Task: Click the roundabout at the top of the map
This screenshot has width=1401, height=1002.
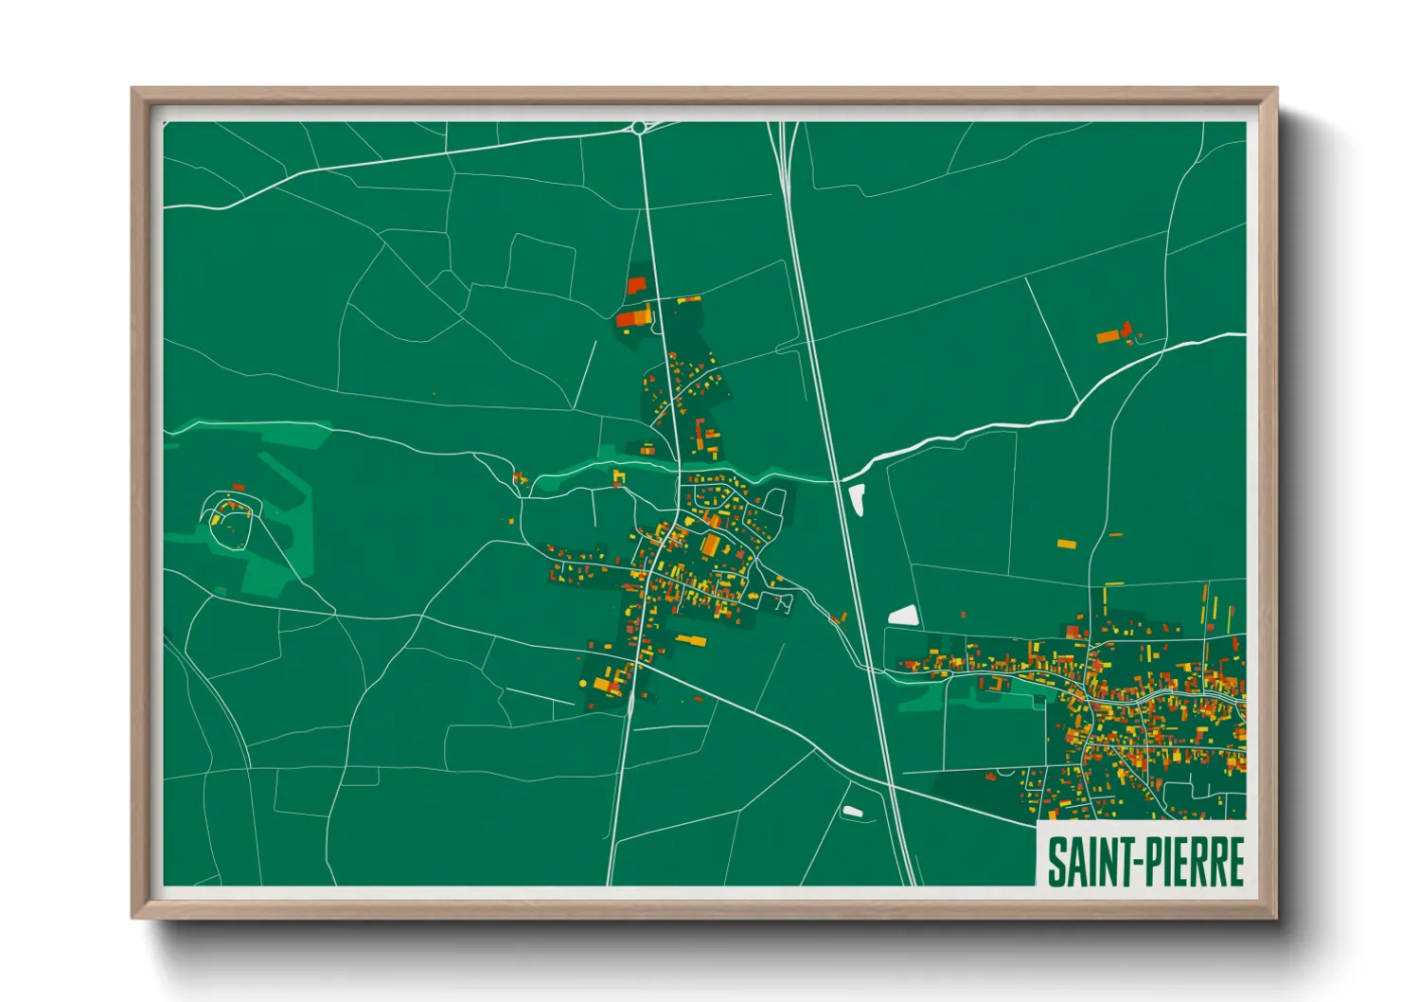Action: coord(640,127)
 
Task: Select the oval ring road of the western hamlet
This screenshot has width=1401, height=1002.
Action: coord(228,520)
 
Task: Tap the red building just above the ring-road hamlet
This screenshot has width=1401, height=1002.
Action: coord(238,488)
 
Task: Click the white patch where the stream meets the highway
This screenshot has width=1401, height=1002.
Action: coord(857,498)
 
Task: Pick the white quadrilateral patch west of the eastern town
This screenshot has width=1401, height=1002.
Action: coord(903,616)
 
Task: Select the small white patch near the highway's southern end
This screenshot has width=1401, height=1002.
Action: coord(852,812)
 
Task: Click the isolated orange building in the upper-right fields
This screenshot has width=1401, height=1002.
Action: coord(1109,335)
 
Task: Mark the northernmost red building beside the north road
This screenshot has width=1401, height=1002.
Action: coord(636,284)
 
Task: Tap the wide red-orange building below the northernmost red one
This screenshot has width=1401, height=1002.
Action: coord(634,316)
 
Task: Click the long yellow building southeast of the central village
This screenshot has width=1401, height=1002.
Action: coord(691,641)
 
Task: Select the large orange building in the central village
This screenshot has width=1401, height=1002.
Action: coord(710,546)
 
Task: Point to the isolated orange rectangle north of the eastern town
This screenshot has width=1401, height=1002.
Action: coord(1066,545)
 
